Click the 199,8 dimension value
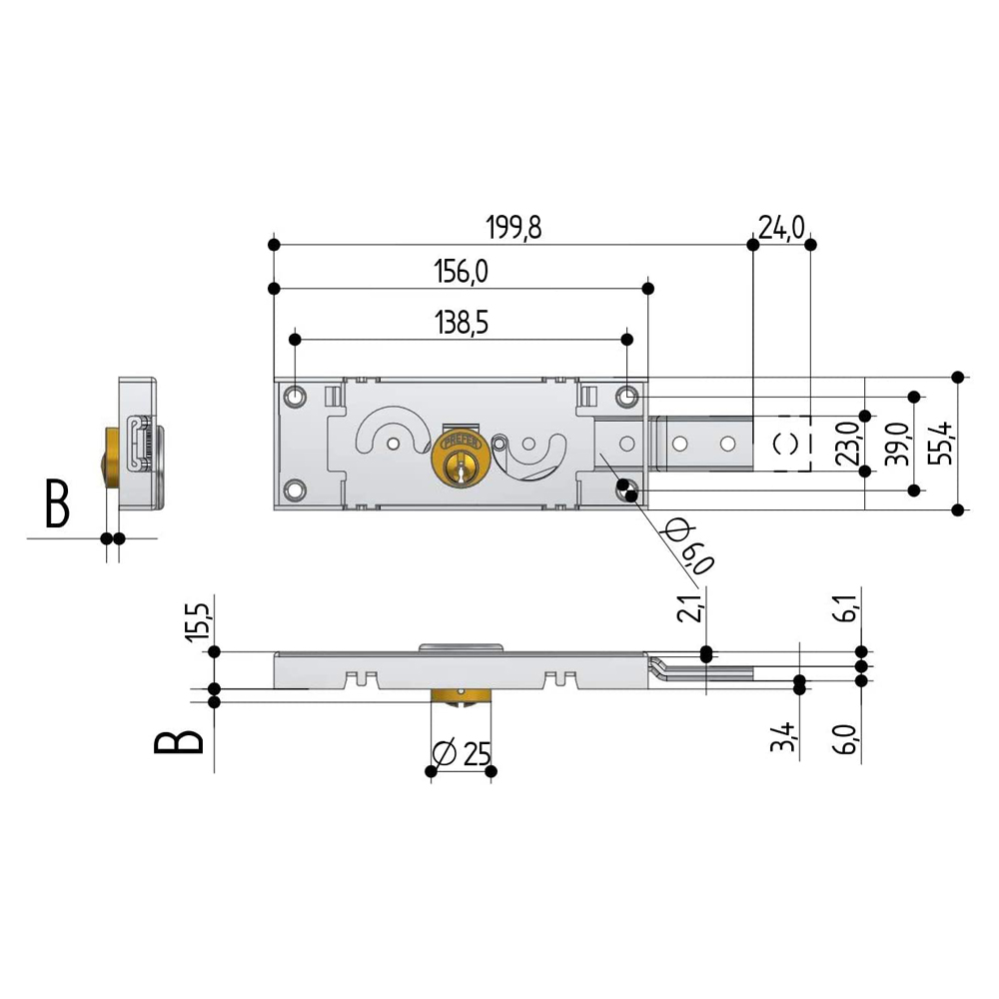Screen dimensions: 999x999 pos(513,228)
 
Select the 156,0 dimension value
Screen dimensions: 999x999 pos(462,272)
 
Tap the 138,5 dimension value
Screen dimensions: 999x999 pos(462,323)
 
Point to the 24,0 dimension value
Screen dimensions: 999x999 pos(781,227)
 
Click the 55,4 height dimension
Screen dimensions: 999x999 pos(941,443)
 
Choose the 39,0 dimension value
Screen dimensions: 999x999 pos(897,444)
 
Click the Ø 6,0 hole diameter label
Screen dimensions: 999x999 pos(688,546)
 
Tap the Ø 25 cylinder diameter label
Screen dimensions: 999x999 pos(462,753)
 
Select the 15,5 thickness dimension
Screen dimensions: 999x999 pos(198,620)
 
